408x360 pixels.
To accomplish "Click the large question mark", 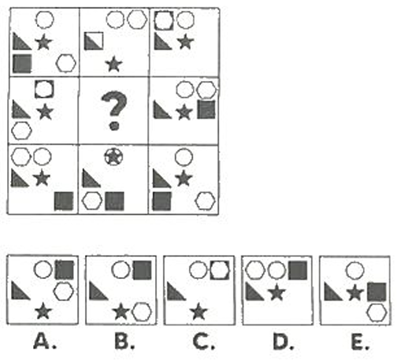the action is coord(114,110).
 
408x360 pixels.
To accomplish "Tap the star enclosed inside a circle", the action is coord(113,157).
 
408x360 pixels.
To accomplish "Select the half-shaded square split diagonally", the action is coord(94,41).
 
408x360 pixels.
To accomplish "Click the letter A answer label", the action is coord(45,341).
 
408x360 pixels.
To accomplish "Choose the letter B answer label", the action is coord(124,341).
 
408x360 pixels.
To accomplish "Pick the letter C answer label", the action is coord(203,341).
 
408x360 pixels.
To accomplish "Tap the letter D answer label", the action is coord(283,341).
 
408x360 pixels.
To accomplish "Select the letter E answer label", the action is coord(360,341).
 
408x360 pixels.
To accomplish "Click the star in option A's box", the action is coord(43,311).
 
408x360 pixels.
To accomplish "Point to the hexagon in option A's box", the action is coord(63,291).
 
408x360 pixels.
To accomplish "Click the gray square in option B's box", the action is coord(142,270).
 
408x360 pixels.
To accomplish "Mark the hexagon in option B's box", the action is coord(142,312).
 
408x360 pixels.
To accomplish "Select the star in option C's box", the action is coord(198,312).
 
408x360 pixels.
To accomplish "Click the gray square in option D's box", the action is coord(298,270).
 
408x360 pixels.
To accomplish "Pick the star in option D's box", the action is coord(276,292).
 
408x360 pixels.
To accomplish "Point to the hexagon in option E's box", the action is coord(377,313).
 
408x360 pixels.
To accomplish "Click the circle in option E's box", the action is coord(355,270).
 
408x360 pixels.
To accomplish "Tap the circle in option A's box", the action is coord(43,269).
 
